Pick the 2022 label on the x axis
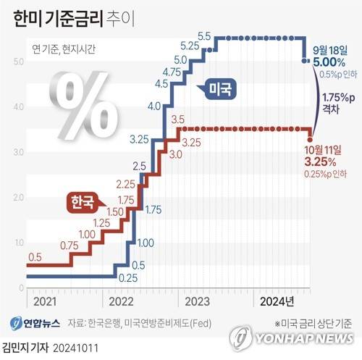(122, 300)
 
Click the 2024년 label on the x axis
(276, 300)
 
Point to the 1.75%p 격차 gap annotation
(334, 103)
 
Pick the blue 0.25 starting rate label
(128, 277)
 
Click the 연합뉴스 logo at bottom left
(35, 322)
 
